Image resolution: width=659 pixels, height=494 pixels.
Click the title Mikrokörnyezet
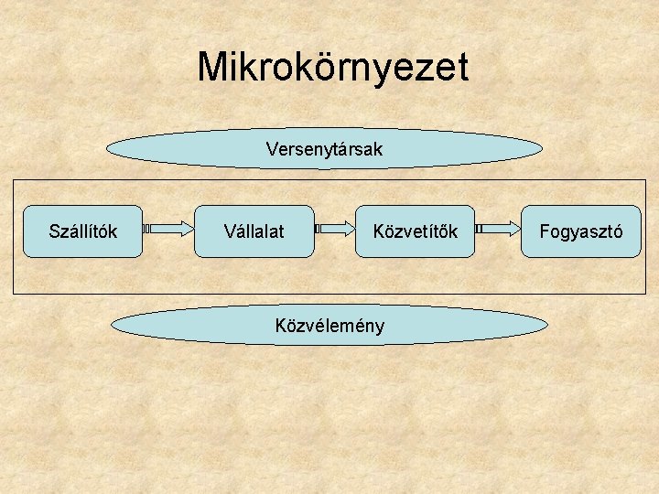(x=332, y=67)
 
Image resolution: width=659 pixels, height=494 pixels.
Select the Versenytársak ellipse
(x=325, y=147)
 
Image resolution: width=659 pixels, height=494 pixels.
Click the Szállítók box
(x=82, y=231)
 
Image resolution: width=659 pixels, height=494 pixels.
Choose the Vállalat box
(x=254, y=231)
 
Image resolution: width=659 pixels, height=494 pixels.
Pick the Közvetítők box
(x=415, y=231)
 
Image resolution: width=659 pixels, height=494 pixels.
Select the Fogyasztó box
(x=581, y=231)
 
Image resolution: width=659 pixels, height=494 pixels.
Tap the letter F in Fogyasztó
(x=545, y=231)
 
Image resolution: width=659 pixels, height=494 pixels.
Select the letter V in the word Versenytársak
(x=272, y=147)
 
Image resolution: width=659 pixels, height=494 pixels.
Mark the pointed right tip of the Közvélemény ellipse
(x=547, y=324)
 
